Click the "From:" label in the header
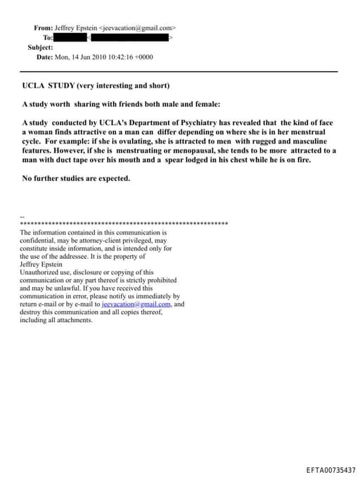click(43, 27)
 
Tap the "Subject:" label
click(40, 47)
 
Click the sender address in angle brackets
click(138, 27)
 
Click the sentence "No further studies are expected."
click(76, 179)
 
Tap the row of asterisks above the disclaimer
click(124, 223)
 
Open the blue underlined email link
click(136, 305)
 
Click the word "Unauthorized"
click(41, 272)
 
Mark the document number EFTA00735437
click(331, 469)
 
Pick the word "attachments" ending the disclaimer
click(74, 320)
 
